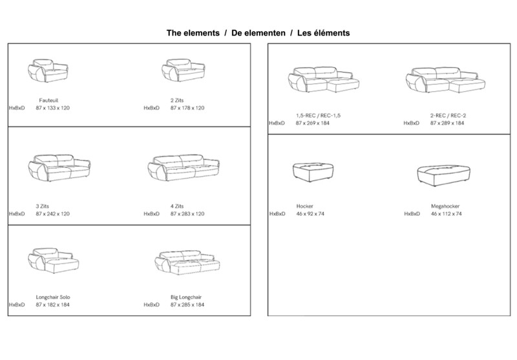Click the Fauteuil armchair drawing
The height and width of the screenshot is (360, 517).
(48, 70)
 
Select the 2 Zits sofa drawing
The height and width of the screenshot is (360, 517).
(184, 70)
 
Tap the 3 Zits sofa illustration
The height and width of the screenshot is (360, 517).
(59, 167)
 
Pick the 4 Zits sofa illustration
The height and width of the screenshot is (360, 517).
(184, 167)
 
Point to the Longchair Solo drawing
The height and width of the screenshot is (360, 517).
(54, 260)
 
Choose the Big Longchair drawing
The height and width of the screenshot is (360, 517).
(187, 262)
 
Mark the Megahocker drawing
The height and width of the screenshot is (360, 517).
(443, 176)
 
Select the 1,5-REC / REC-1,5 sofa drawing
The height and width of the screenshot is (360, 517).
(324, 79)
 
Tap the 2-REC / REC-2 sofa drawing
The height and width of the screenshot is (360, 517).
(445, 80)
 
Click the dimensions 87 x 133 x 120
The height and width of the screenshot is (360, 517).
(53, 108)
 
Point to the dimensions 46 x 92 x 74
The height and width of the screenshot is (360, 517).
(310, 214)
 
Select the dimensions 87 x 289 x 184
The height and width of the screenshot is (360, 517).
(447, 123)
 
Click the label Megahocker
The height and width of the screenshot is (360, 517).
(445, 206)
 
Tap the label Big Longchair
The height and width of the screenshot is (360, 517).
(186, 297)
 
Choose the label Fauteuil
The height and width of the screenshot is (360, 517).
(48, 100)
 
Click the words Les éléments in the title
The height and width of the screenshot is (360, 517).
(324, 33)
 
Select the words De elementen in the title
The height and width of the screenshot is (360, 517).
(258, 33)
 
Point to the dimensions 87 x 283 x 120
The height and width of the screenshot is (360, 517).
(187, 214)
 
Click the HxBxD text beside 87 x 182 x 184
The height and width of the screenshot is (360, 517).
(17, 304)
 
